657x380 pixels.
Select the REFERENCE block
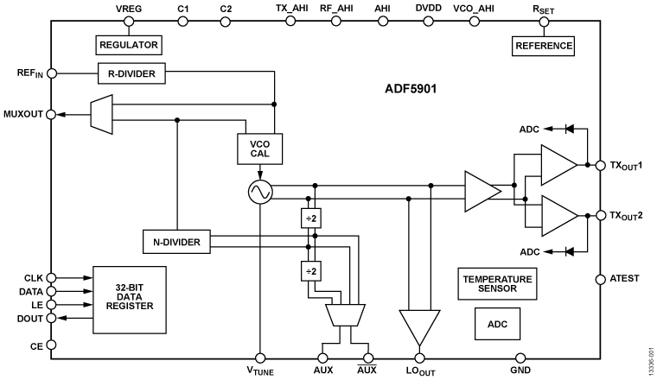[543, 44]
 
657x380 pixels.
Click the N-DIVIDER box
[176, 243]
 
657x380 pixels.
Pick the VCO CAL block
[258, 149]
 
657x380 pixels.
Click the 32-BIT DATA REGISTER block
[128, 299]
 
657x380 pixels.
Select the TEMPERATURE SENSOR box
[497, 284]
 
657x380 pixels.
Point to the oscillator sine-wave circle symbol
[259, 193]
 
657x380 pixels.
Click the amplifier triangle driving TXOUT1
[558, 165]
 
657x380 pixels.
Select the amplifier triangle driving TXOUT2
[558, 215]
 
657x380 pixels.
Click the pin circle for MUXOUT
[52, 114]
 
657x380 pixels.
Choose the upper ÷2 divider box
[310, 219]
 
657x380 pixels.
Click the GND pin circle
[520, 357]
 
